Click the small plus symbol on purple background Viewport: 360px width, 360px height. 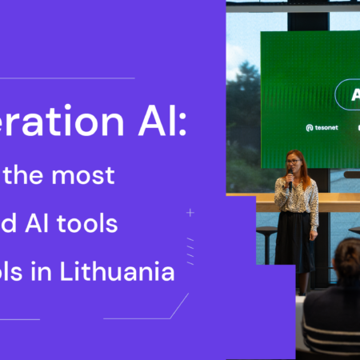pos(190,213)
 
